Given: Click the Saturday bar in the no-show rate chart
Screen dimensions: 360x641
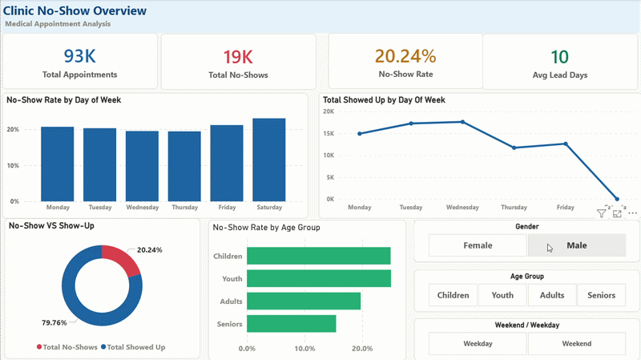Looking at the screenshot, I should (x=268, y=160).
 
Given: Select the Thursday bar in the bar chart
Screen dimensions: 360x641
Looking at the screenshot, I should (x=184, y=167).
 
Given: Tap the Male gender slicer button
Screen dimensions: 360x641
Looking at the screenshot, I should (x=576, y=245).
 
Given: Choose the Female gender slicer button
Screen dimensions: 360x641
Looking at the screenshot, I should (x=478, y=245).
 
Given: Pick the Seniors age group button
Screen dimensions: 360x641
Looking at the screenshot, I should (x=601, y=295).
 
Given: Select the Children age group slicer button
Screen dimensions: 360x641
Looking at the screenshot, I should (x=453, y=295).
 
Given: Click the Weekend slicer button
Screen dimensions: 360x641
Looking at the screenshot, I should (x=576, y=344).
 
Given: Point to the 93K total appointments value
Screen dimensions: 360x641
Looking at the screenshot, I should (x=79, y=56).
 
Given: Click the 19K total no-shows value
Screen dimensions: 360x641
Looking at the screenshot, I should (x=237, y=56).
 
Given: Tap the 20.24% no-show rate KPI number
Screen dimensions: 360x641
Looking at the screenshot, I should (x=405, y=56).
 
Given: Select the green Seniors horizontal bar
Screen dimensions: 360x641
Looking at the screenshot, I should (x=291, y=324).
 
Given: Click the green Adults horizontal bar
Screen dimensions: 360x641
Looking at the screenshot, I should (x=303, y=301).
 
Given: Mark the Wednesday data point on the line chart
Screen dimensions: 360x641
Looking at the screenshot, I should (x=462, y=122).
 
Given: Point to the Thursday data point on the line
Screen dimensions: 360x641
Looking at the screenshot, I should (x=514, y=148).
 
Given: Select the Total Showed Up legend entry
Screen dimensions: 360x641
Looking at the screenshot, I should (x=135, y=347).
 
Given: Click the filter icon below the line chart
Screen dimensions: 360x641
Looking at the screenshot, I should (x=602, y=214).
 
